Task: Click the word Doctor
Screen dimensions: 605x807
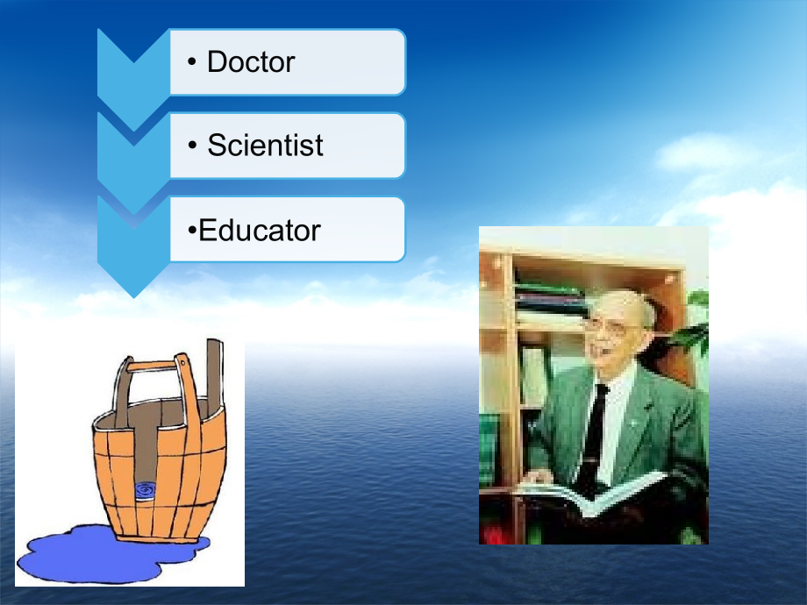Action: point(251,62)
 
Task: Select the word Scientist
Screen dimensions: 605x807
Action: point(265,146)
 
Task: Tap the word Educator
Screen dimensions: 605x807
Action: point(260,231)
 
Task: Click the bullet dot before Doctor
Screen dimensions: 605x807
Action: point(192,63)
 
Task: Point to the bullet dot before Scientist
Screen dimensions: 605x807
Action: point(192,146)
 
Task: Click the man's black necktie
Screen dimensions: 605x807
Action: point(594,430)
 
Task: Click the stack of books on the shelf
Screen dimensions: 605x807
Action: point(548,298)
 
